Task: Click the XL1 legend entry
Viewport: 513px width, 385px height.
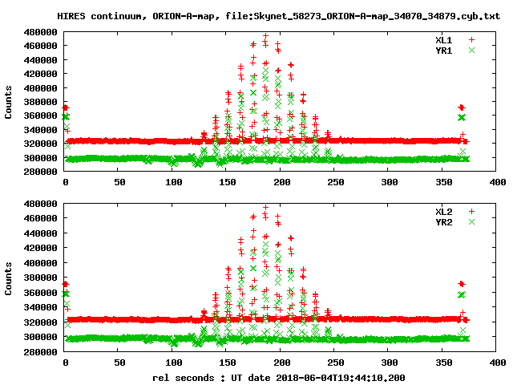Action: coord(444,39)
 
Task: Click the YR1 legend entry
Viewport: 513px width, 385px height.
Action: coord(444,50)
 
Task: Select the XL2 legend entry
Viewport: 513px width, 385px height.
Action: coord(444,211)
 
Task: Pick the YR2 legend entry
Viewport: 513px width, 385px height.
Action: coord(444,221)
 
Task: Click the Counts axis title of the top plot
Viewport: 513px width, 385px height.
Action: coord(9,103)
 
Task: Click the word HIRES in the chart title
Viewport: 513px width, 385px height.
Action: coord(71,16)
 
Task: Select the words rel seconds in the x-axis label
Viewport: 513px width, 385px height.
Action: coord(184,376)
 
